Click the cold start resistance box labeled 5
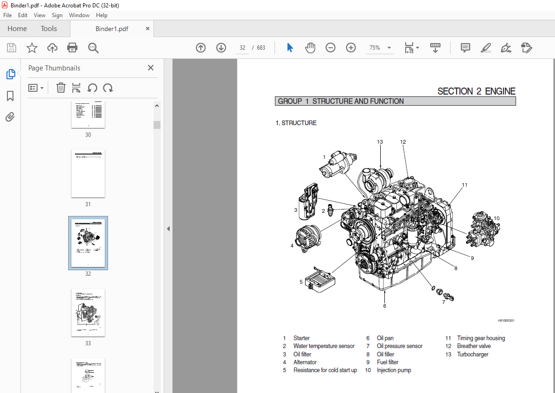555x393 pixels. [x=318, y=280]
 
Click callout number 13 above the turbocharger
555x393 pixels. [x=380, y=142]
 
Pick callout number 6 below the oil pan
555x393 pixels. [x=384, y=306]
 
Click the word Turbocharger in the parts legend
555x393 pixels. [x=472, y=355]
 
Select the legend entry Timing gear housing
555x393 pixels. [x=481, y=338]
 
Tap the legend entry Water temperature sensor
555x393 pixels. [x=324, y=346]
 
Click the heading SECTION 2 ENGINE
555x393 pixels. [x=476, y=91]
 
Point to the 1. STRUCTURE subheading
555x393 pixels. [x=296, y=123]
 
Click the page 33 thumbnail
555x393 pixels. [x=88, y=313]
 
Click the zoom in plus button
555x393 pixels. [x=351, y=48]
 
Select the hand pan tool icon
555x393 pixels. [x=310, y=48]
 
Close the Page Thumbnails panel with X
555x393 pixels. [x=151, y=68]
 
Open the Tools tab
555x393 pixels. [x=49, y=29]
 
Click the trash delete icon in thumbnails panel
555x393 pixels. [x=61, y=88]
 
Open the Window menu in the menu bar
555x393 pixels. [x=79, y=15]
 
